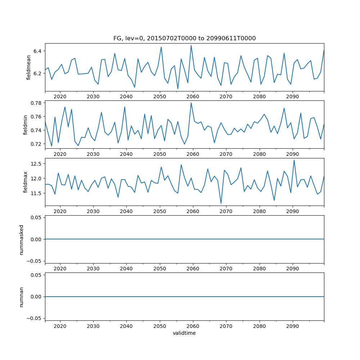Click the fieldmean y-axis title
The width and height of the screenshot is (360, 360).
coord(28,67)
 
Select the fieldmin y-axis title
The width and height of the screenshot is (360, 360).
coord(25,125)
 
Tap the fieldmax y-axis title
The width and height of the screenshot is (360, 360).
coord(25,182)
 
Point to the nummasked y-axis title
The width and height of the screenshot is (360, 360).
coord(22,239)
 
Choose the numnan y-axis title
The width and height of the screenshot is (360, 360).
coord(22,297)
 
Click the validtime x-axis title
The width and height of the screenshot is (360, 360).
coord(184,333)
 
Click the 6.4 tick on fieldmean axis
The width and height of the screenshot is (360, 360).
coord(37,51)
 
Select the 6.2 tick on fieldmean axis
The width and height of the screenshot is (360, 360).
coord(37,73)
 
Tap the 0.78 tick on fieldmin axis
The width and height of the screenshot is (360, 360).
coord(35,103)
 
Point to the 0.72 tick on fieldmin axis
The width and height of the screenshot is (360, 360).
coord(35,144)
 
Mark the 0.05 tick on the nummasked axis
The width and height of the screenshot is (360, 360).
coord(35,217)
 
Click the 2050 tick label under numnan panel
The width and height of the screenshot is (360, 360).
coord(159,326)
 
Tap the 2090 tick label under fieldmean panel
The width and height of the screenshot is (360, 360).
coord(292,96)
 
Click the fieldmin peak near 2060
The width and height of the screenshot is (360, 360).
coord(191,103)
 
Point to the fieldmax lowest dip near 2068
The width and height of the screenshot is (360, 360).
coord(221,204)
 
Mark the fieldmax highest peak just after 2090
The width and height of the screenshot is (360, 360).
coord(294,160)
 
